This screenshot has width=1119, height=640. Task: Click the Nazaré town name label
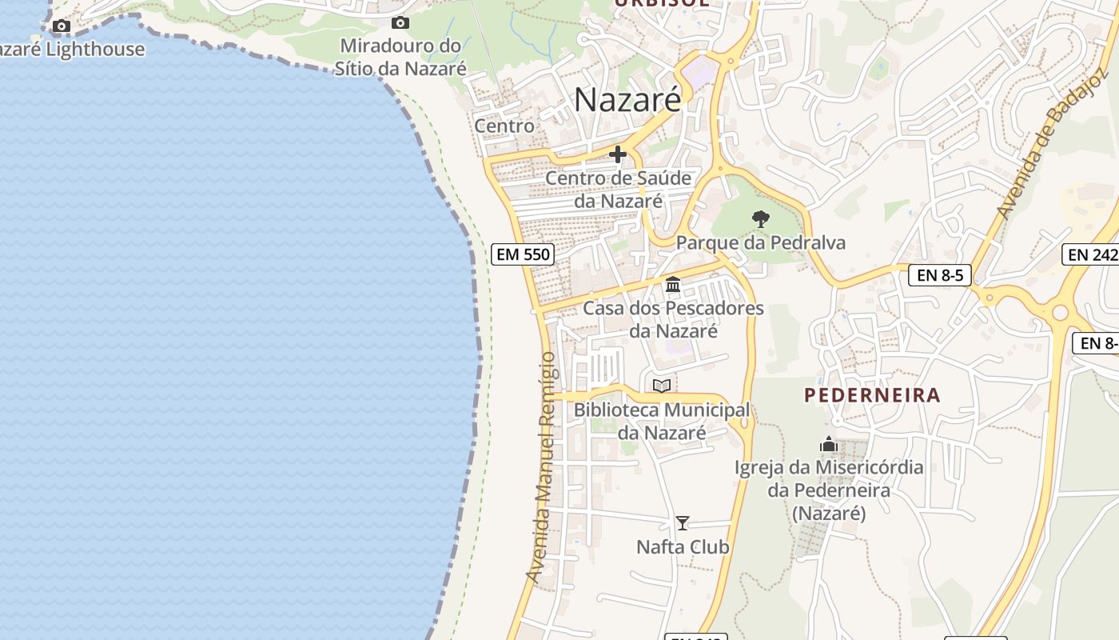click(x=627, y=100)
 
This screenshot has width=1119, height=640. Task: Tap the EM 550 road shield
click(x=523, y=254)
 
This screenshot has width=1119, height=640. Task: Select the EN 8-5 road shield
click(x=940, y=276)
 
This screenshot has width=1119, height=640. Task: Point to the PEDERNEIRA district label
click(x=872, y=395)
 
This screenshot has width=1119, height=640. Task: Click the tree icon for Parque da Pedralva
click(x=761, y=218)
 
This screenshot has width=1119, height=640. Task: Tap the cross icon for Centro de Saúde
click(x=617, y=154)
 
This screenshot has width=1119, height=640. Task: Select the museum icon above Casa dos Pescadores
click(x=673, y=284)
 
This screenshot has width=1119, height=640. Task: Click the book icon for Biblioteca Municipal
click(x=662, y=386)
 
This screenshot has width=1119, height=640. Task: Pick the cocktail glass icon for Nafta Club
click(x=682, y=523)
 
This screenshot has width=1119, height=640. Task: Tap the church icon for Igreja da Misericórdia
click(x=829, y=444)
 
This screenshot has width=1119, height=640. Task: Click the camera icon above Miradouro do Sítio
click(x=400, y=23)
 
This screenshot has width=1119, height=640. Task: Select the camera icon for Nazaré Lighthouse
click(x=62, y=26)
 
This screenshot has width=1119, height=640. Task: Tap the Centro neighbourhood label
click(x=504, y=126)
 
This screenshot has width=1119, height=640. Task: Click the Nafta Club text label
click(x=683, y=547)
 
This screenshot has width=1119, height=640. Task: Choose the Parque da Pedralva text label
click(x=761, y=242)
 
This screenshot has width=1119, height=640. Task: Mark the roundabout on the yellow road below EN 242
click(x=1060, y=313)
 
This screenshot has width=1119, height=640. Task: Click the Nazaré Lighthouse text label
click(x=72, y=50)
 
